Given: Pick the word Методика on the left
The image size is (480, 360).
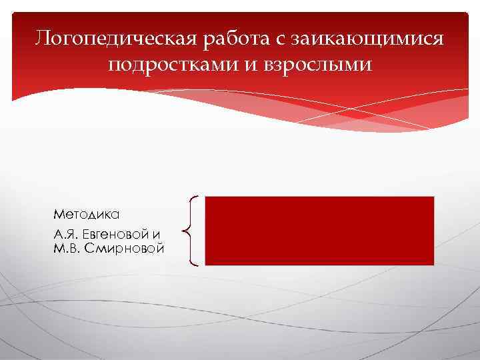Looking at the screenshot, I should click(87, 215).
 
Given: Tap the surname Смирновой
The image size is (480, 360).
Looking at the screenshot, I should click(127, 249).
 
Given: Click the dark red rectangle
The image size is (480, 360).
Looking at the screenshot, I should click(319, 231).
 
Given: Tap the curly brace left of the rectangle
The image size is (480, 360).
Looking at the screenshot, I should click(191, 231).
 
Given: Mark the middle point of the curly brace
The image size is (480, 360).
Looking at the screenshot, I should click(185, 231).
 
